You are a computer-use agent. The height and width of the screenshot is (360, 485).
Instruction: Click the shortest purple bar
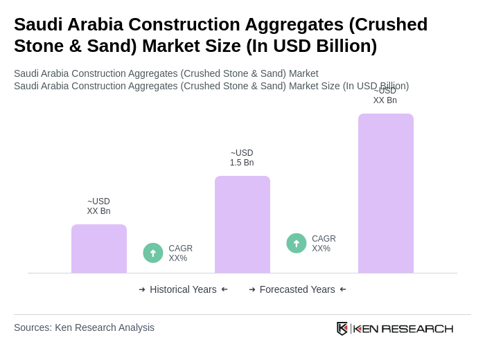(99, 249)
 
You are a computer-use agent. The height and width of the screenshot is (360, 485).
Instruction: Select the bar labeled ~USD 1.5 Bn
(242, 224)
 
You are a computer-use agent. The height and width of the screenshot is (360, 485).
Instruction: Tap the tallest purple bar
(386, 193)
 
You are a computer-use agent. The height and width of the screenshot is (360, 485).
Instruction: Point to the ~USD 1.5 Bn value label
(242, 158)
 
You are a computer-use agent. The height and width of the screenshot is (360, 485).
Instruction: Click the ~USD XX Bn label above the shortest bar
(98, 206)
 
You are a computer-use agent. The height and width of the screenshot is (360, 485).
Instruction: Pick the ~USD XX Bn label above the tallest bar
(385, 96)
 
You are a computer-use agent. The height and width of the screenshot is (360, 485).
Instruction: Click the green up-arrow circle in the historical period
(153, 253)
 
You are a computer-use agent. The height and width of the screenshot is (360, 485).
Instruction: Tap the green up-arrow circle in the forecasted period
(297, 243)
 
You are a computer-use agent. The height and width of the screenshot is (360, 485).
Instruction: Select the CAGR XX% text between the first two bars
(180, 253)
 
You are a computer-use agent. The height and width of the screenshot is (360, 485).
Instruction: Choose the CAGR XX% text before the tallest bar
(324, 244)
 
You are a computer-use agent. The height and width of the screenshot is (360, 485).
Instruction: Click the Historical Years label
(183, 289)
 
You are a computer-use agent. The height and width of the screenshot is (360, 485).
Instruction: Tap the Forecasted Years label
(297, 289)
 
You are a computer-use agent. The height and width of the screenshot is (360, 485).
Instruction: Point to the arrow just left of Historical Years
(142, 289)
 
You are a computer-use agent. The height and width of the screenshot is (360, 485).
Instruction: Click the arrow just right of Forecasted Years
(343, 289)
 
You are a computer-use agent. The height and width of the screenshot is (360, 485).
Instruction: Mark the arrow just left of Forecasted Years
(252, 289)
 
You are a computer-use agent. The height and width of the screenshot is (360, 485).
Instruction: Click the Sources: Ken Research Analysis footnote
(84, 327)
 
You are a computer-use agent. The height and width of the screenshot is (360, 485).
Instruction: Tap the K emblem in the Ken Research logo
(342, 328)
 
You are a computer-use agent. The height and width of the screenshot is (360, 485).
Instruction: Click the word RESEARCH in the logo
(417, 328)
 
